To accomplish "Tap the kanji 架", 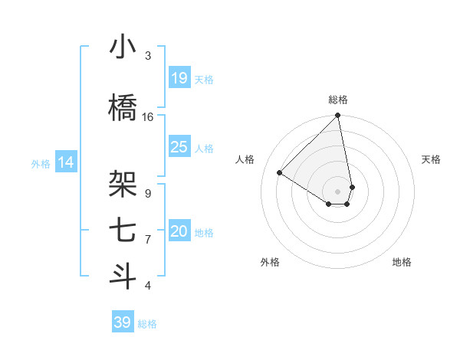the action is [x=122, y=185].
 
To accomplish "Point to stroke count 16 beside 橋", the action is [x=148, y=117].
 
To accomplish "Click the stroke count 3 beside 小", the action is [x=148, y=56].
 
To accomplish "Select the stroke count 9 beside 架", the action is [x=148, y=193].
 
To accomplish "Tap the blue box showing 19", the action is [x=179, y=78].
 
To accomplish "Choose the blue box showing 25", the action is [x=179, y=147].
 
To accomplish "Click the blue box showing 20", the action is [x=179, y=231].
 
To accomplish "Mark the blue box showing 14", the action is [x=66, y=162].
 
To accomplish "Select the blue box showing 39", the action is [x=122, y=322].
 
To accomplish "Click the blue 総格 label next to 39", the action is [x=147, y=324].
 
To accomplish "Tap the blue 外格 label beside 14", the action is [x=41, y=163].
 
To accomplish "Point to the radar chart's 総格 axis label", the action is [x=337, y=100].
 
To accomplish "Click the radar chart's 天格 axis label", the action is [x=431, y=159].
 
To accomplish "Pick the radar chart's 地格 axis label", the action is [x=402, y=262].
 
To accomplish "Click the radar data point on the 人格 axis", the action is [x=280, y=172].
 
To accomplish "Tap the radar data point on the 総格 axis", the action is [x=337, y=116].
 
